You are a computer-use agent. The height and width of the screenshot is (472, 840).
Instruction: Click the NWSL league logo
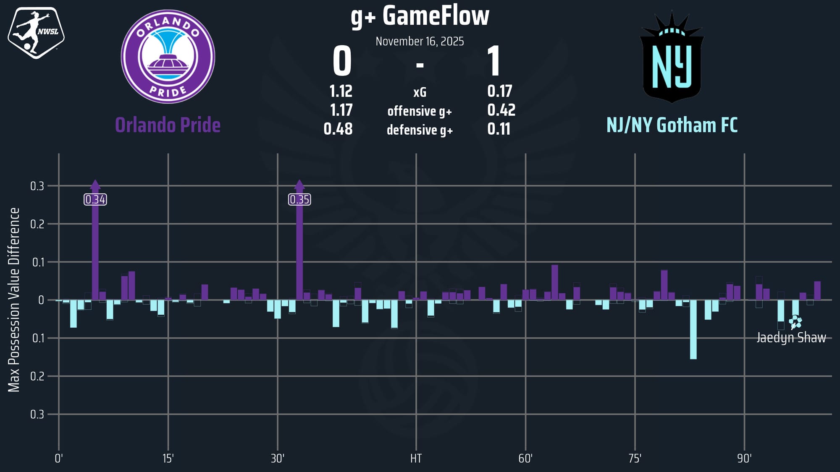tap(36, 32)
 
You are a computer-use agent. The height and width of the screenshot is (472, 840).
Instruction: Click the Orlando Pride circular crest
tap(168, 57)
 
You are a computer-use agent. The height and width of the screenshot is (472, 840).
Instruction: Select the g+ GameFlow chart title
tap(420, 16)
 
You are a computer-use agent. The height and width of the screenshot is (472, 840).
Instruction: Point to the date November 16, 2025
tap(420, 41)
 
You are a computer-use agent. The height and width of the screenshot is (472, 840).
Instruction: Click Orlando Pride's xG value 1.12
tap(341, 91)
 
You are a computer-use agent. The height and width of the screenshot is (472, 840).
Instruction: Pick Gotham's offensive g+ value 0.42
tap(501, 110)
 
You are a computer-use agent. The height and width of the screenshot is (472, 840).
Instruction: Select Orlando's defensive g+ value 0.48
tap(338, 129)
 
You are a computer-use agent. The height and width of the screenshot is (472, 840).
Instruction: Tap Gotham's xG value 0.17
tap(499, 91)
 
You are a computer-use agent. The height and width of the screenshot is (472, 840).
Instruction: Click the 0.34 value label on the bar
tap(95, 199)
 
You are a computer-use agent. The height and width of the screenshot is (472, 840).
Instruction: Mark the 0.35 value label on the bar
tap(299, 199)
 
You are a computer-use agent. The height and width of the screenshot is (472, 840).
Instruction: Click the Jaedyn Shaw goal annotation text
tap(791, 338)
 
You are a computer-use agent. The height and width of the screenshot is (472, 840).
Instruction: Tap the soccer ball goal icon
tap(795, 322)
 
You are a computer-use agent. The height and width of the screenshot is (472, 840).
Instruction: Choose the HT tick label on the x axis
tap(416, 458)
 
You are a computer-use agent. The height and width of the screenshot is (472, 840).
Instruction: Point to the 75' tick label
tap(635, 458)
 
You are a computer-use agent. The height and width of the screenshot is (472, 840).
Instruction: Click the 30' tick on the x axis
tap(277, 458)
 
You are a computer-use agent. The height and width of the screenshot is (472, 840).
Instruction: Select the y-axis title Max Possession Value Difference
tap(14, 300)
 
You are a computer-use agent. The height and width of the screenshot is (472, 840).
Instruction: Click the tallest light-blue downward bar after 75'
tap(693, 329)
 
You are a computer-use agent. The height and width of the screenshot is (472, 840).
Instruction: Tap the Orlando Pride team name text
tap(168, 125)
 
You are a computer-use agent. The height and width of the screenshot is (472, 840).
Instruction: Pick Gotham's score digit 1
tap(494, 61)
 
